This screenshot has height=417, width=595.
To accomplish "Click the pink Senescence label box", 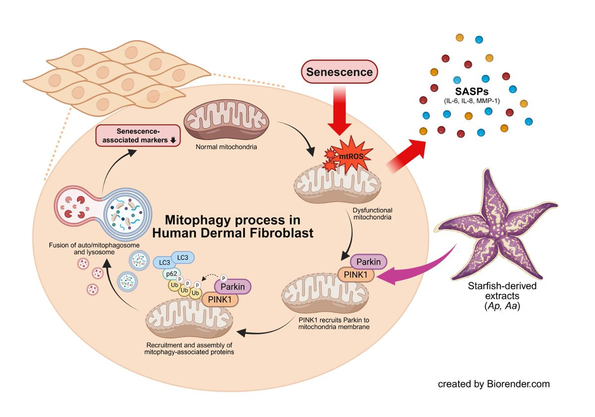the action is click(339, 72).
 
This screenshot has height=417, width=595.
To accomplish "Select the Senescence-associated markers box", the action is click(138, 136).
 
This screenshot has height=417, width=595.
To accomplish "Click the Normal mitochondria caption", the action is click(226, 147).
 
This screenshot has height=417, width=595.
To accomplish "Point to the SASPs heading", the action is click(472, 91).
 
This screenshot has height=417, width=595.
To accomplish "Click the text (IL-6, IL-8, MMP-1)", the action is click(472, 101).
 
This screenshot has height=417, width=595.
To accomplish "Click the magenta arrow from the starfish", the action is click(415, 269).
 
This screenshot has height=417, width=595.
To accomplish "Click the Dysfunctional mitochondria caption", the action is click(372, 214).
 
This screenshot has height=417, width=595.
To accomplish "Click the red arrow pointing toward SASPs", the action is click(407, 155).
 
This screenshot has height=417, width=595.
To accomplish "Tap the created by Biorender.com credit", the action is click(494, 384).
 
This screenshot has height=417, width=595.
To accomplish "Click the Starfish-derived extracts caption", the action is click(502, 296).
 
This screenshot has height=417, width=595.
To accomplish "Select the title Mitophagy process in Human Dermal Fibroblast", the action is click(233, 226).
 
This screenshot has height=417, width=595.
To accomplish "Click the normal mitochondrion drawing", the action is click(227, 120).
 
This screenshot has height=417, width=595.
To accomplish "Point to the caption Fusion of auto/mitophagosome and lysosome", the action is click(94, 249).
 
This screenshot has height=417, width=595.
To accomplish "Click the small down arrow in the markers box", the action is click(173, 140).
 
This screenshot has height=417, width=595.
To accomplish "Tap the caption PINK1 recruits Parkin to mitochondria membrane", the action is click(334, 323).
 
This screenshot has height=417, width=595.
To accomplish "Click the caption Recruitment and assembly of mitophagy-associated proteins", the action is click(189, 348).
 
